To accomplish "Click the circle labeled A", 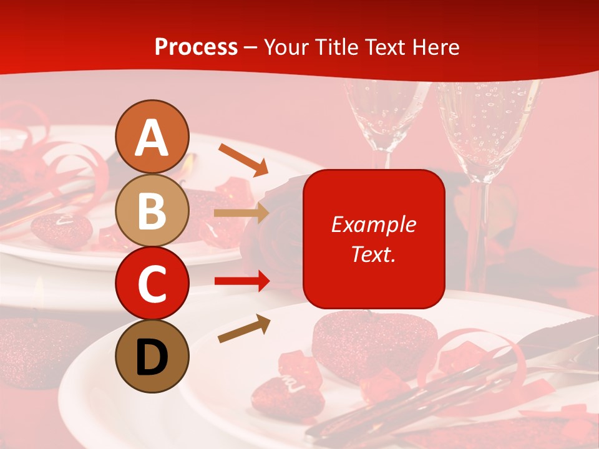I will point(152,137).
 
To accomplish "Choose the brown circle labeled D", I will point(152,356).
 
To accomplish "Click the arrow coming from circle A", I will point(243,160).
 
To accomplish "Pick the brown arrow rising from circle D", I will point(244,329).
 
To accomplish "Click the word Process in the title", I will point(196,47).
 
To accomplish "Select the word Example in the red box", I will point(373,224).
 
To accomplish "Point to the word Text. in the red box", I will point(373,254).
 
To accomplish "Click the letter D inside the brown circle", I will point(152,357).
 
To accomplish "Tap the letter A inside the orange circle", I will point(152,138).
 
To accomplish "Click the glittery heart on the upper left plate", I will point(61,228).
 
